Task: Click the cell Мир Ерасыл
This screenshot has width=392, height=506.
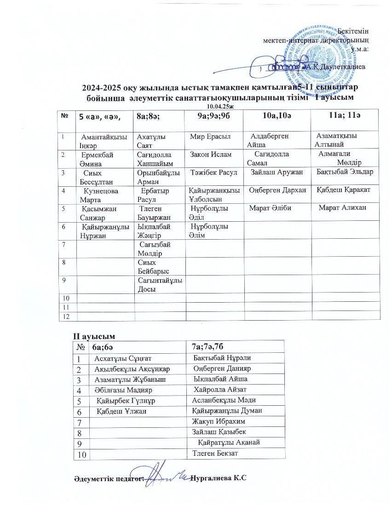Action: tap(210, 136)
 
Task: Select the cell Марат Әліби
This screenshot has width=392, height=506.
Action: tap(270, 208)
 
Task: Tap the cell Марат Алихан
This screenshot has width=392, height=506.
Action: tap(343, 208)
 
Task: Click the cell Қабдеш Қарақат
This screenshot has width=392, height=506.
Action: tap(344, 190)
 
